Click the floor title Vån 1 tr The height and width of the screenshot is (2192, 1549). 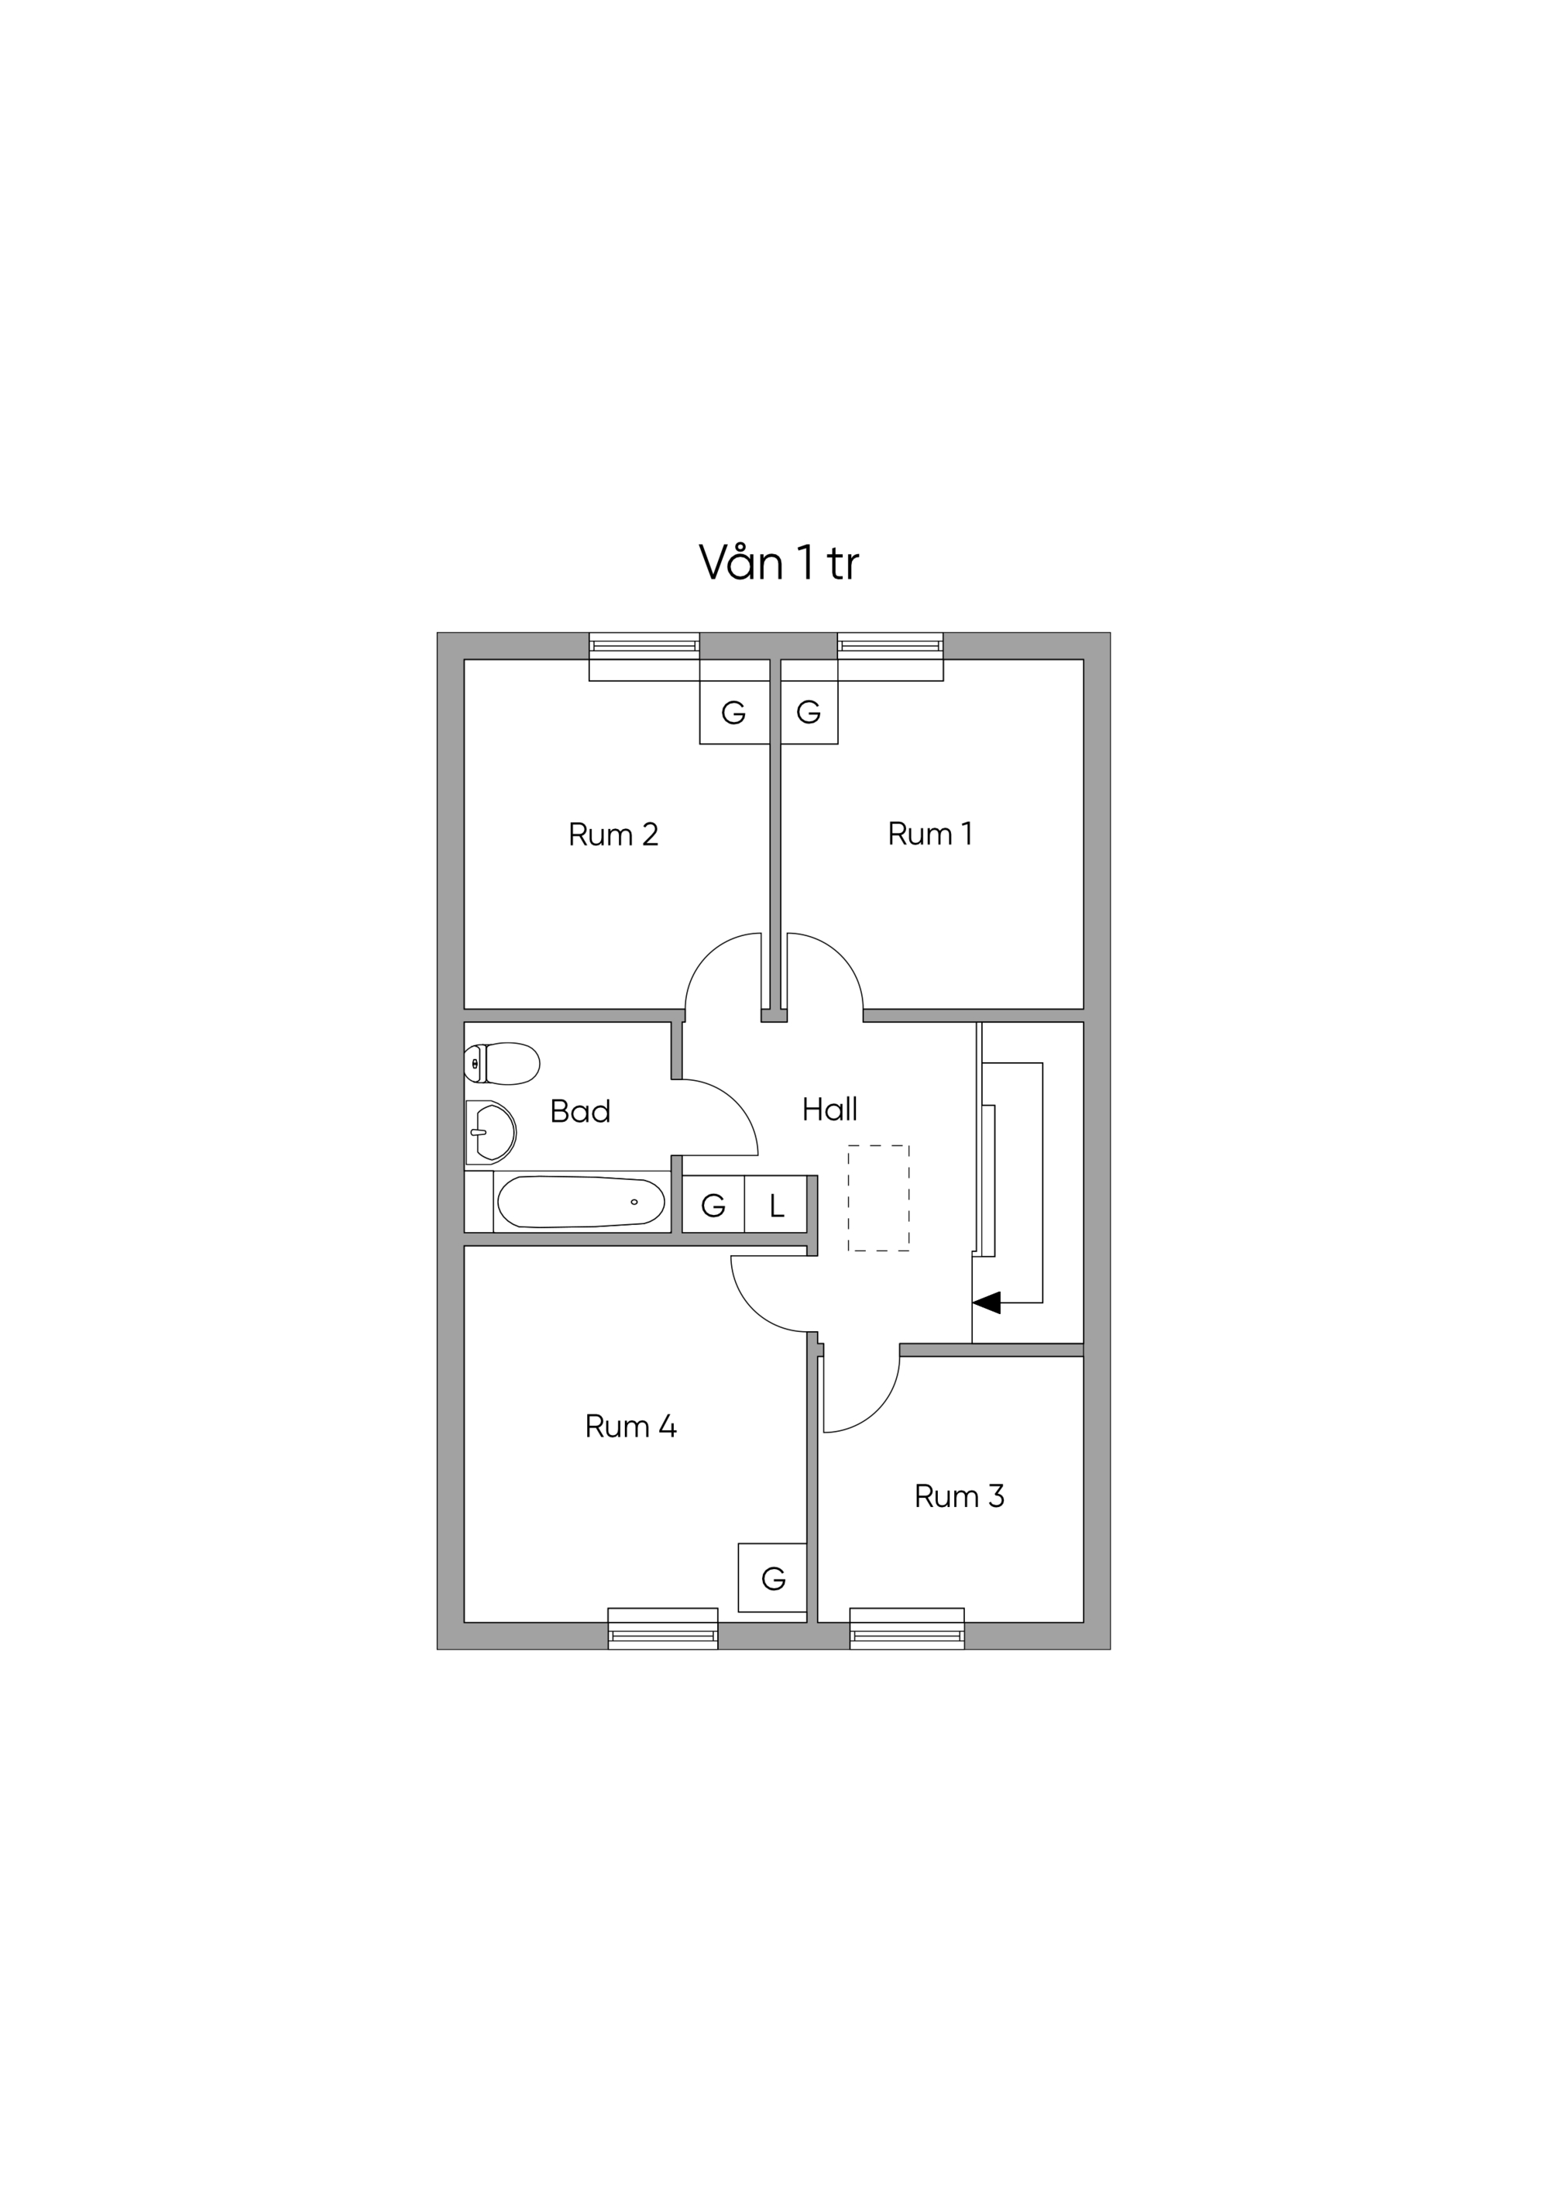point(779,563)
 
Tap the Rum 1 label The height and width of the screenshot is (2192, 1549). point(929,834)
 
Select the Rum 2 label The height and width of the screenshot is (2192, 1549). point(613,834)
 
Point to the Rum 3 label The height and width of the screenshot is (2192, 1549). point(959,1496)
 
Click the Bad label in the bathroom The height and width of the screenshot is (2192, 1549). point(580,1110)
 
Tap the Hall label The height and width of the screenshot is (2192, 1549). point(829,1109)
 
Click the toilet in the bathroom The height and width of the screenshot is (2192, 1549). point(502,1064)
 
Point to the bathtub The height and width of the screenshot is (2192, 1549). point(581,1201)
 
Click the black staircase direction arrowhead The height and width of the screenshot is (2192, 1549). point(986,1302)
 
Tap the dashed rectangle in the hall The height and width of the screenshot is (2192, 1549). point(878,1198)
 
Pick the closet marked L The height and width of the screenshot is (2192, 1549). point(776,1204)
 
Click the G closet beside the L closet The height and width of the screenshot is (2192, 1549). point(713,1204)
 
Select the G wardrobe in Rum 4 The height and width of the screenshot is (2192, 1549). point(772,1579)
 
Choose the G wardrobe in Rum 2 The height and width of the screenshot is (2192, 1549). point(734,712)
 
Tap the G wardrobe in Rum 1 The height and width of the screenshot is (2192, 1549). point(809,712)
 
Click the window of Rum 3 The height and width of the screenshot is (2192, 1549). point(907,1629)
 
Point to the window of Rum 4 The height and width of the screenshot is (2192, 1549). point(662,1629)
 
